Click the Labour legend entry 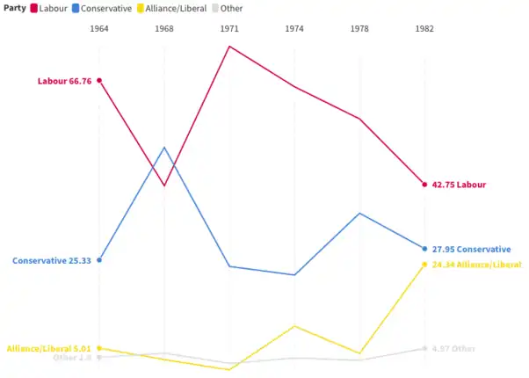coord(49,8)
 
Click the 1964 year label coord(99,29)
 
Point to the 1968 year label coord(164,29)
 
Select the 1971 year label coord(229,29)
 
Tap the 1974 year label coord(294,29)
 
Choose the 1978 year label coord(359,29)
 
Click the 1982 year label coord(424,29)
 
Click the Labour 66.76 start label coord(64,81)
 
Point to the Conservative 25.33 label coord(52,261)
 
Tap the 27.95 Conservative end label coord(471,250)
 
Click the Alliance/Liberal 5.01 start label coord(49,349)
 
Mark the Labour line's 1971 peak coord(229,46)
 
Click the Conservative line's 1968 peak coord(164,148)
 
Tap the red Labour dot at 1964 coord(99,81)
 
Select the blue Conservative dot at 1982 coord(424,249)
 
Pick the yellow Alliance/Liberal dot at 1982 coord(424,265)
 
